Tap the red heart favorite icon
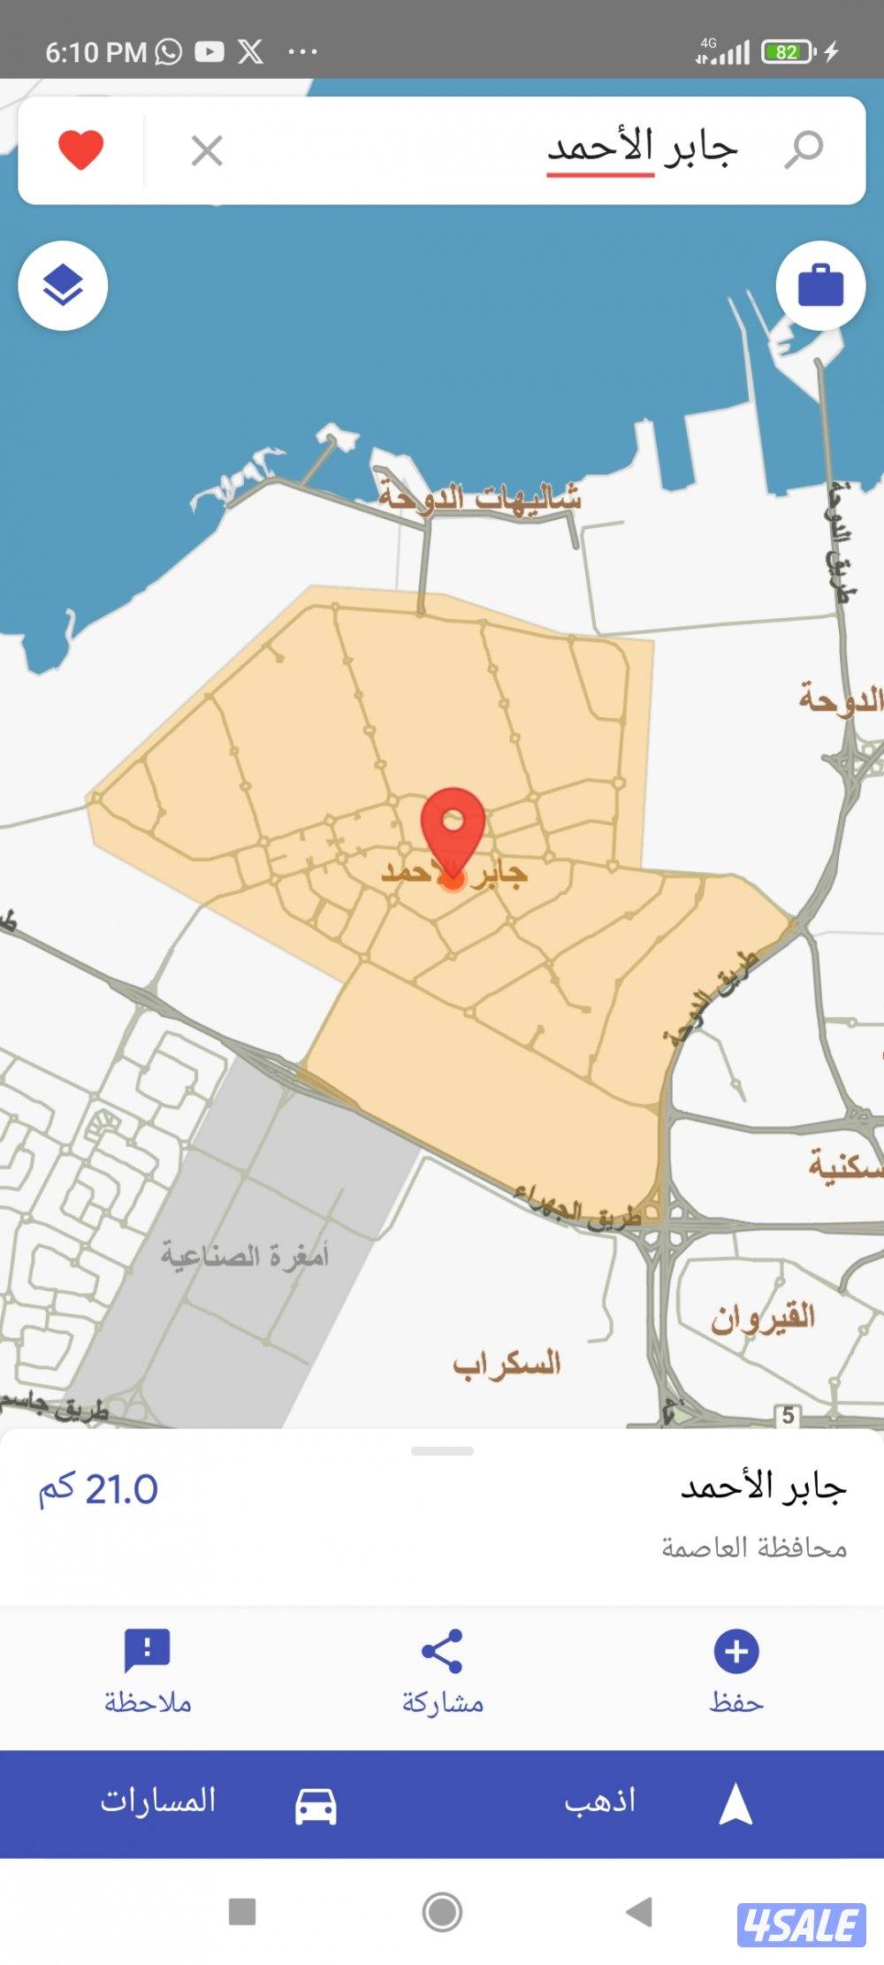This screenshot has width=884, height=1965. click(81, 149)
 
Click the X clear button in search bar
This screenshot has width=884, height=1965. click(207, 151)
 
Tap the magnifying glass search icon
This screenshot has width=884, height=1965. click(804, 149)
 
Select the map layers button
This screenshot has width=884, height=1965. click(63, 287)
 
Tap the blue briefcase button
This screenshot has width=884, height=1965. click(820, 286)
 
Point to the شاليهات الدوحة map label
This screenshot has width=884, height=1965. click(480, 496)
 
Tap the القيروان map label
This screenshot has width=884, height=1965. click(763, 1318)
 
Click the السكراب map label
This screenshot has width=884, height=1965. click(507, 1364)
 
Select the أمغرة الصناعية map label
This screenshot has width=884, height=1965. click(245, 1255)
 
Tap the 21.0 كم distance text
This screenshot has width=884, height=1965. click(98, 1490)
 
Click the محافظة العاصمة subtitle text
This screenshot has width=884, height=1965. click(754, 1548)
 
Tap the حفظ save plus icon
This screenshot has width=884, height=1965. click(736, 1651)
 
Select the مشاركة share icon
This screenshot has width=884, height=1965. click(442, 1651)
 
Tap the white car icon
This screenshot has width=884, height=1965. click(316, 1806)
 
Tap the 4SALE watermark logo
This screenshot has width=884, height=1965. click(801, 1925)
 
